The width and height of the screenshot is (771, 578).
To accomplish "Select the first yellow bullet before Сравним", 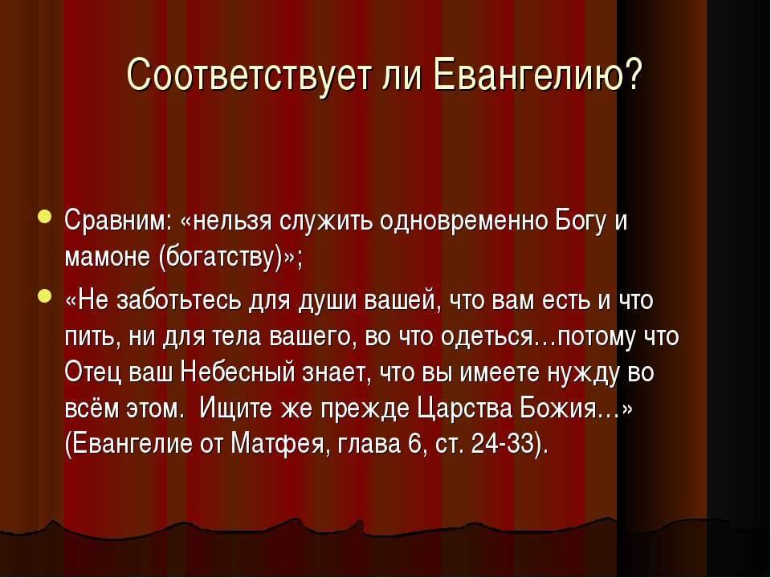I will pos(43,217).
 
